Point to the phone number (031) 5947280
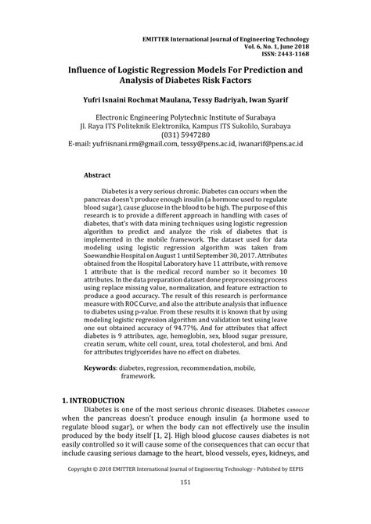tap(185, 135)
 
